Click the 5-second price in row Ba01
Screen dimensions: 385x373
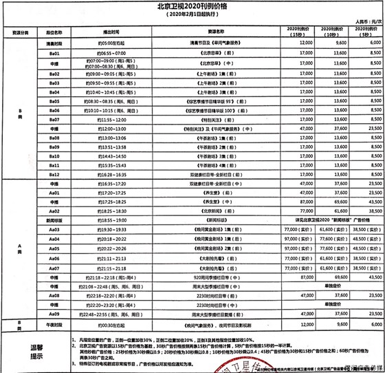click(x=364, y=52)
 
